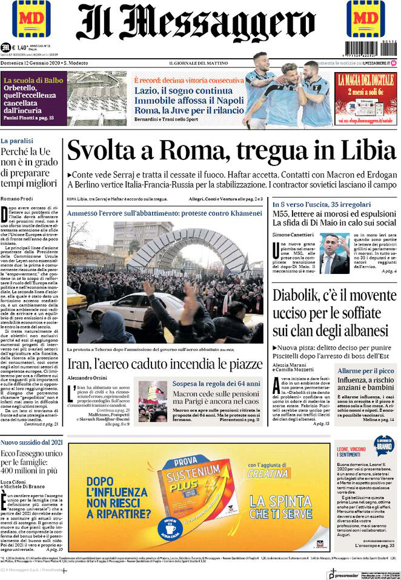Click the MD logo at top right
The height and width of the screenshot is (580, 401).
365,20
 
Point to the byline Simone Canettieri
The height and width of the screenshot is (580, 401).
299,234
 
